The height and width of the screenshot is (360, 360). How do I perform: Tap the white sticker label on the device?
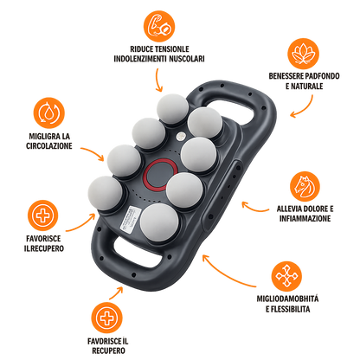130,218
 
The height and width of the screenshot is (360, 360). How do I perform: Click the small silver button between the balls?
181,135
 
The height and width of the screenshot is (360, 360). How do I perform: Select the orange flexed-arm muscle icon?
159,26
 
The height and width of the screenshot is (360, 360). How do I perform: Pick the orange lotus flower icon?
304,54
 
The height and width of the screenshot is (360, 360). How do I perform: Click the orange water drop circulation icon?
49,112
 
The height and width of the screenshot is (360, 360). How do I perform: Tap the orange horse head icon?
305,186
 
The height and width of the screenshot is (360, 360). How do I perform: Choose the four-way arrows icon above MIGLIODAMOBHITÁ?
286,276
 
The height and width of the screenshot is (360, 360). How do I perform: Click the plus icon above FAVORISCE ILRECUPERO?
43,215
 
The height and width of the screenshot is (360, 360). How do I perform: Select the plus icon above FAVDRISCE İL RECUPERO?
107,318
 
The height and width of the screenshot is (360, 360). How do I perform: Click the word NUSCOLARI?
187,59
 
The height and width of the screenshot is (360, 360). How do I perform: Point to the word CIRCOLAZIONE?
49,146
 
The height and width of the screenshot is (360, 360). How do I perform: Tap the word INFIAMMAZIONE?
305,218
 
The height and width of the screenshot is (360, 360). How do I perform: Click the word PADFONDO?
322,76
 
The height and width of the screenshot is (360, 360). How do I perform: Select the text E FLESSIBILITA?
288,309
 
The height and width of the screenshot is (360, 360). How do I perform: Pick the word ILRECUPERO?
44,248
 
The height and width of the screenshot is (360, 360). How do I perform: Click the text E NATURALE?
305,87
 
